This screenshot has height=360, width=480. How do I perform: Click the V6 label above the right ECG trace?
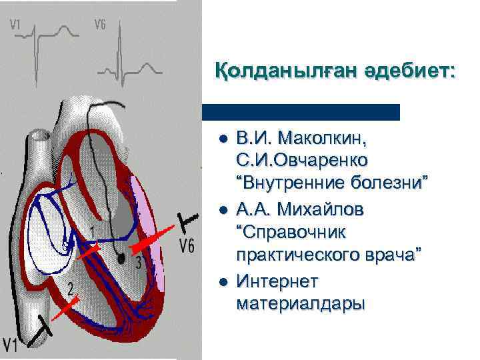99,25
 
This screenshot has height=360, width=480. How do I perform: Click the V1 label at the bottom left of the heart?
11,344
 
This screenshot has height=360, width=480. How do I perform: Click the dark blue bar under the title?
301,112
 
